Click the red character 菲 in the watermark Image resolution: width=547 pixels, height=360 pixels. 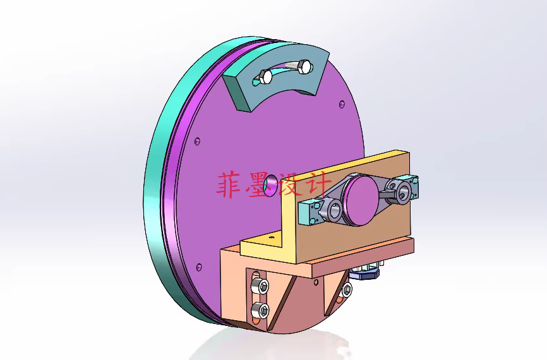tap(231, 185)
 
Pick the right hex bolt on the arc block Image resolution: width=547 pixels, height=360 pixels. tap(304, 66)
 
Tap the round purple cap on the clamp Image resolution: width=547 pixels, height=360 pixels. tap(358, 201)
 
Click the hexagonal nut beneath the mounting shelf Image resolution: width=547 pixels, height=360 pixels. tap(366, 272)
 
